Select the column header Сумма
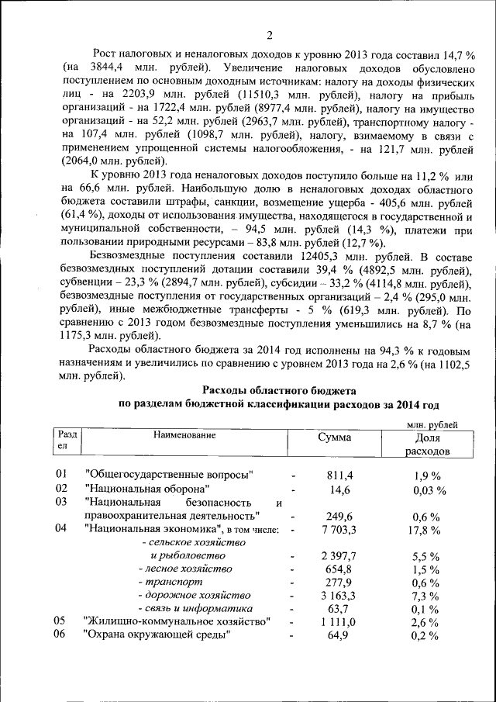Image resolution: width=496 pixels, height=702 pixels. [x=334, y=437]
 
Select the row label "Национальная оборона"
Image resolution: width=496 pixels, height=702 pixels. [x=147, y=489]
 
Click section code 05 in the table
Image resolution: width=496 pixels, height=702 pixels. [x=60, y=621]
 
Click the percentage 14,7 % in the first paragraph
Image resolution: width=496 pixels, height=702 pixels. [x=456, y=55]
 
